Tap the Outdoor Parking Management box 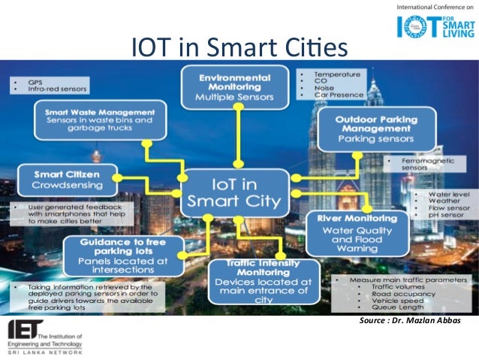tap(376, 129)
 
